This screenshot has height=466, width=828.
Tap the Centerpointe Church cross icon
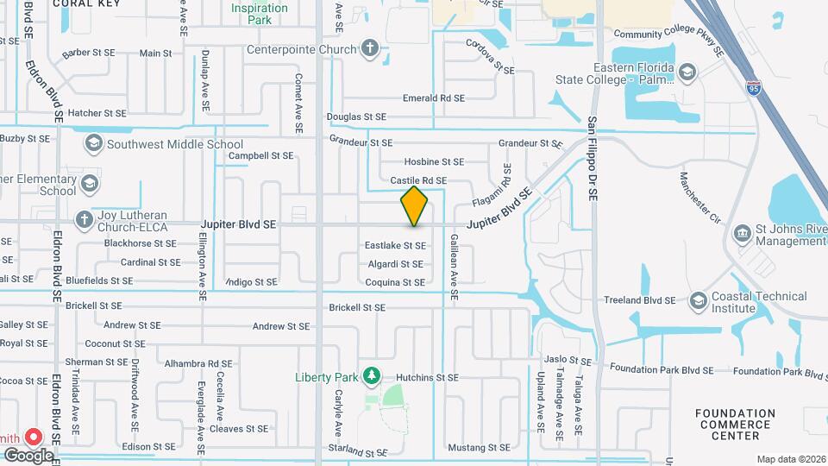click(370, 48)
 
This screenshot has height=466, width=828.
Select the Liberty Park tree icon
click(371, 376)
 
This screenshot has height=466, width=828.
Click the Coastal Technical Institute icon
click(699, 301)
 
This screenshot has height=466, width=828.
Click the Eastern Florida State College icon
click(687, 72)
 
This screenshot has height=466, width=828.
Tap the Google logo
click(28, 454)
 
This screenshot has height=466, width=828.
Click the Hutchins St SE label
click(427, 378)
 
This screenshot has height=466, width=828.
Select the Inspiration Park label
click(259, 13)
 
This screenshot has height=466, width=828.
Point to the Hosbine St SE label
click(434, 161)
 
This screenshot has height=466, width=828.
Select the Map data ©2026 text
click(790, 459)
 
